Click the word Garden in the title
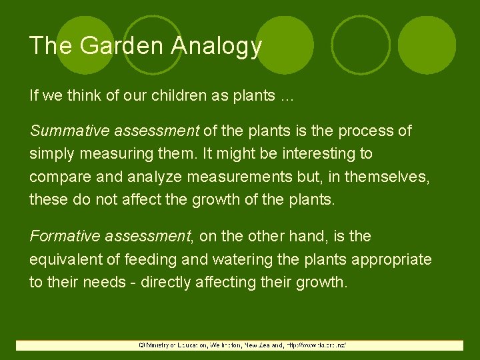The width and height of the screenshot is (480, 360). [125, 46]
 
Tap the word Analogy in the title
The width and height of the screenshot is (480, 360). [217, 47]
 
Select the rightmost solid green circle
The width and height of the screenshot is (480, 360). [427, 45]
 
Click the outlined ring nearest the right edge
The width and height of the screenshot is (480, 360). [361, 45]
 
